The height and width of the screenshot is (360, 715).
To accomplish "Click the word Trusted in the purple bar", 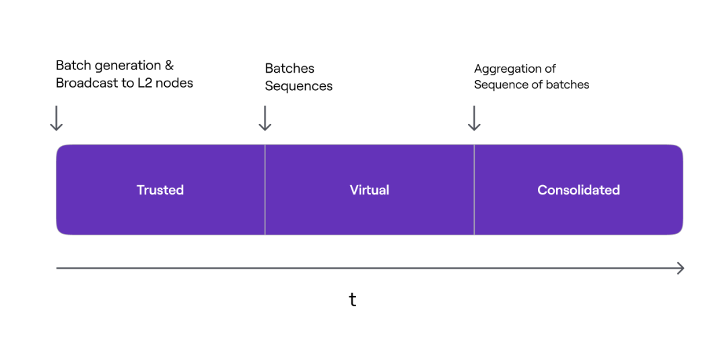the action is [x=160, y=190].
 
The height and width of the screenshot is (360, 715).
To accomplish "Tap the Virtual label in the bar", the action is [x=370, y=190].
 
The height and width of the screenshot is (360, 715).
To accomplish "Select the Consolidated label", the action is [x=578, y=190].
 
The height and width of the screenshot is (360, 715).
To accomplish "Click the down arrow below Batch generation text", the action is [x=56, y=118].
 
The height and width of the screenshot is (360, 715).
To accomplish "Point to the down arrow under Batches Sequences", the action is [x=265, y=118].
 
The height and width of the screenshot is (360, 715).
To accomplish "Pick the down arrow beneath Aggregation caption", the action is [x=474, y=118].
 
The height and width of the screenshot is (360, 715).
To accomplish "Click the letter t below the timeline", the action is [x=353, y=299].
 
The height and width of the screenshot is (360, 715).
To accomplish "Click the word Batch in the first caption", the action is [x=72, y=65].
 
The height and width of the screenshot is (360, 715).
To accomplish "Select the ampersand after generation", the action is [x=169, y=66].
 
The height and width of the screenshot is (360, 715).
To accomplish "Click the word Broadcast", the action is [x=86, y=83].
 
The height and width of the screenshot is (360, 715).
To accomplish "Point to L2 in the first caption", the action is [x=145, y=83].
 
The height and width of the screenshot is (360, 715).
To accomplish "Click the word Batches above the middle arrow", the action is [x=290, y=69].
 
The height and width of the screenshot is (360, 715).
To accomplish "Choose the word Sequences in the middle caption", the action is [x=299, y=86].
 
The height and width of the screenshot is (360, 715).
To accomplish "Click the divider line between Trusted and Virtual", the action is [x=265, y=190].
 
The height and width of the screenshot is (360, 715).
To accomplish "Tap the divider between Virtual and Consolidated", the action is [x=474, y=190].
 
